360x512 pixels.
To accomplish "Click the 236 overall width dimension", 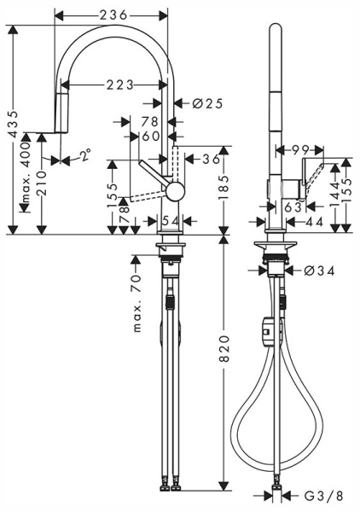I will click(112, 15).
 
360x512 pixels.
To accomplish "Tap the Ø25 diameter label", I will click(206, 103).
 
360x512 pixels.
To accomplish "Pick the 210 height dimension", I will click(42, 183).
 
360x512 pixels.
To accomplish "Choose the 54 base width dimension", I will click(171, 222).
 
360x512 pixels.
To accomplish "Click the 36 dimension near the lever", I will click(211, 159).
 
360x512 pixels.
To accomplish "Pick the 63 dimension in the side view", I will click(293, 205).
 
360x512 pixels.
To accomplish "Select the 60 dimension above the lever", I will click(151, 135).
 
